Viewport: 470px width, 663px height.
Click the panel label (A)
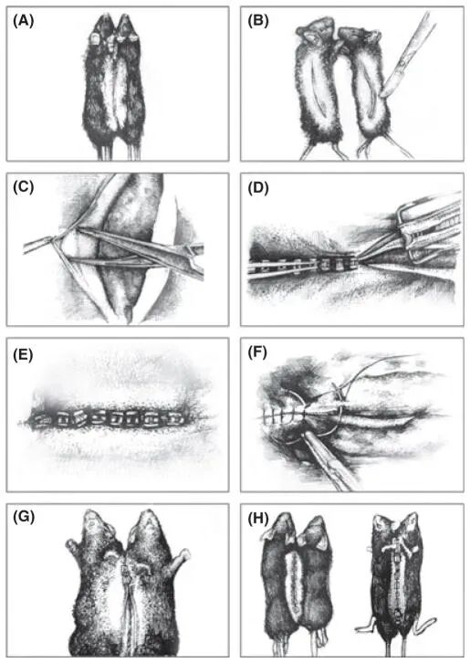(x=23, y=21)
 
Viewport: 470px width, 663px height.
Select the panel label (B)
(x=258, y=21)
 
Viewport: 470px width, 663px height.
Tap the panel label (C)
(x=23, y=186)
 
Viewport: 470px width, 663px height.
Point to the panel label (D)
(x=258, y=186)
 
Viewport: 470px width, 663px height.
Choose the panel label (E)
(x=23, y=353)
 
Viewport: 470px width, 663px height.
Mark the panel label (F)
(x=257, y=353)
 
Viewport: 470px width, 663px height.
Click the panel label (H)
(x=258, y=519)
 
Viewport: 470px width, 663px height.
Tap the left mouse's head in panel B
(x=316, y=35)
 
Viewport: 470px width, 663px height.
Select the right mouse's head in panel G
(x=149, y=526)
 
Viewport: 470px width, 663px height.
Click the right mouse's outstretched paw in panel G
(x=178, y=559)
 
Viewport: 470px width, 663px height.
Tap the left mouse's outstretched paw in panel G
(x=75, y=549)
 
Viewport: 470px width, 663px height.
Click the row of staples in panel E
(x=110, y=419)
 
